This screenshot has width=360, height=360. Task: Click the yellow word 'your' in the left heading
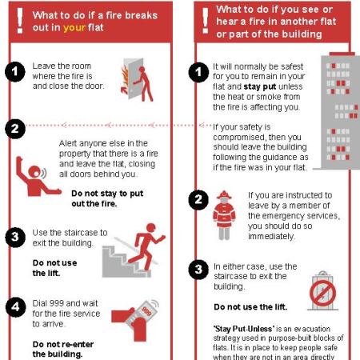point(74,28)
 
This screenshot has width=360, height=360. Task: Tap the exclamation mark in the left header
point(20,21)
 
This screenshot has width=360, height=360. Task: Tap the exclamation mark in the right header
point(206,21)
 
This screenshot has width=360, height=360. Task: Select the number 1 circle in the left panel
point(15,71)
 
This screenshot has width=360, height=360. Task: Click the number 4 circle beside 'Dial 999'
point(15,307)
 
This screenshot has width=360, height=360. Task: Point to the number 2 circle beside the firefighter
point(198,199)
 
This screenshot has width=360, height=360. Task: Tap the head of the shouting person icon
point(34,171)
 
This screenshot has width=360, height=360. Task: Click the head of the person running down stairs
point(151,227)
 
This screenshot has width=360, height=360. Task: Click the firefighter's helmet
point(224,195)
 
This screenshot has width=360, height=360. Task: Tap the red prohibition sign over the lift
point(322,293)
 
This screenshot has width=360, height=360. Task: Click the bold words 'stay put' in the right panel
point(260,86)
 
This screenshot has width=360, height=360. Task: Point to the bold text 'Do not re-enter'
point(63,344)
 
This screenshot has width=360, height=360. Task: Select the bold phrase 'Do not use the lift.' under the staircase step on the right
point(250,307)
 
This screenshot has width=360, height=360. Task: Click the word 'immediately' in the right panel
point(271,236)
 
